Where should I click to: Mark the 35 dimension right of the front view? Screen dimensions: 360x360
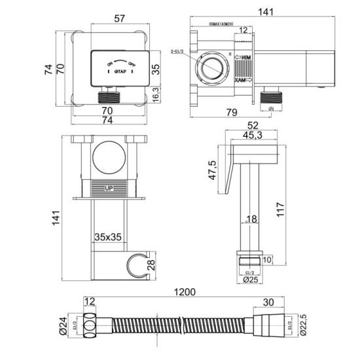point(156,70)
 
